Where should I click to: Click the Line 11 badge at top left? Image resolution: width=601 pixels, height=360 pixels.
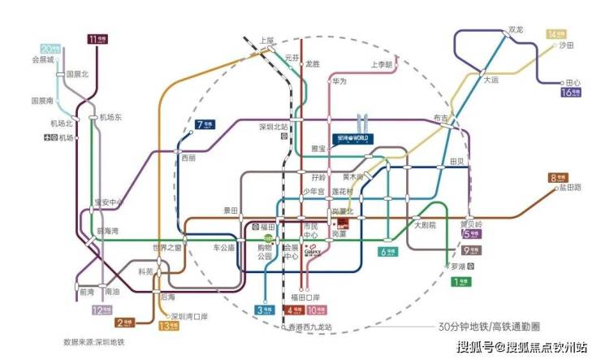click(x=96, y=38)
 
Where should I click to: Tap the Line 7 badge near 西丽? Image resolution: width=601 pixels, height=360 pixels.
click(x=204, y=124)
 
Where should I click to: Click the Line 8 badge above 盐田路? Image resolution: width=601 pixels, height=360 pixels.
click(x=560, y=177)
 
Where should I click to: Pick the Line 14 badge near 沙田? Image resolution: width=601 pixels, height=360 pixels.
click(x=556, y=34)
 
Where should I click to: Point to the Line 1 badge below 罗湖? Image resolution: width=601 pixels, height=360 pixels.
click(x=460, y=282)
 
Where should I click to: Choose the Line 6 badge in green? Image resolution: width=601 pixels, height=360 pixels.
click(x=389, y=251)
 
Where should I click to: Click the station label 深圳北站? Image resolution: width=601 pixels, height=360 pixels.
click(x=275, y=127)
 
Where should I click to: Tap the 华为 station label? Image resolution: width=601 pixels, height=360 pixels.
click(x=338, y=81)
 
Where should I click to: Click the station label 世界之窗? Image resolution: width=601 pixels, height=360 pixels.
click(x=166, y=247)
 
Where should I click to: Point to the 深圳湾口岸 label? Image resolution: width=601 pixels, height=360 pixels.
click(x=190, y=316)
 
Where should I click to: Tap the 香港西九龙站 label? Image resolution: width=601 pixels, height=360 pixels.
click(x=311, y=327)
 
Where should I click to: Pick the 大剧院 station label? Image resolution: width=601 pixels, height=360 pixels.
click(x=426, y=224)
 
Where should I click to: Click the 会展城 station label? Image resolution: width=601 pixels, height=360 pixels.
click(x=41, y=59)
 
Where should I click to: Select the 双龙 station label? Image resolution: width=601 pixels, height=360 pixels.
click(x=515, y=30)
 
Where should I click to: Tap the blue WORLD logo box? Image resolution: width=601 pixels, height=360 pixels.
click(x=351, y=139)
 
